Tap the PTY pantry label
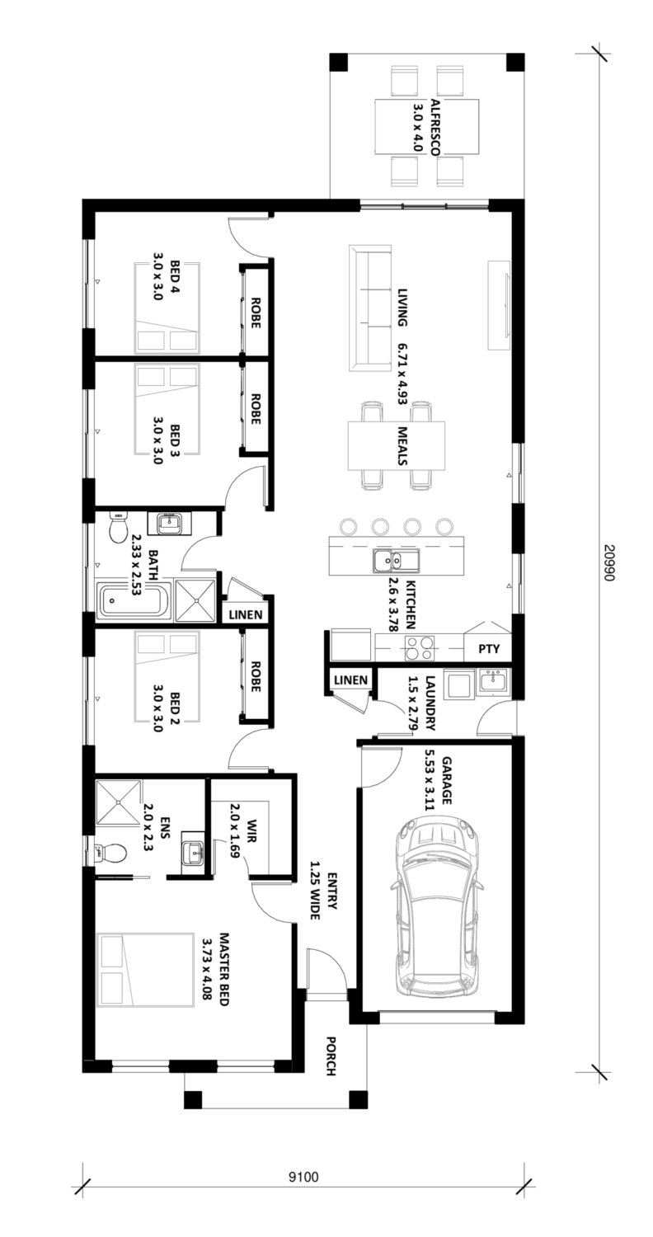[x=488, y=648]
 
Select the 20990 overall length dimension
[x=608, y=562]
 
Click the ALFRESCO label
[x=435, y=126]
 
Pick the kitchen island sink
[x=395, y=561]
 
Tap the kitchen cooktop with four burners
[x=420, y=648]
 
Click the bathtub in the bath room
[x=134, y=601]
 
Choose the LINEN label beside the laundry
[x=350, y=680]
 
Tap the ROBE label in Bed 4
[x=256, y=313]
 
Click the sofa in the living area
[x=370, y=308]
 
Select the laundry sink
[x=493, y=682]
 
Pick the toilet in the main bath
[x=118, y=527]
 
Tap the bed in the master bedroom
[x=145, y=969]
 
